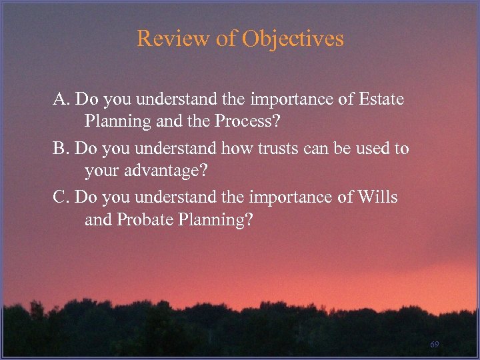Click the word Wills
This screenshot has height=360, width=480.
pyautogui.click(x=377, y=197)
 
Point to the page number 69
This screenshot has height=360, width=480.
pyautogui.click(x=435, y=344)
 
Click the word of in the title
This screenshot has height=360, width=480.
pyautogui.click(x=226, y=39)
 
